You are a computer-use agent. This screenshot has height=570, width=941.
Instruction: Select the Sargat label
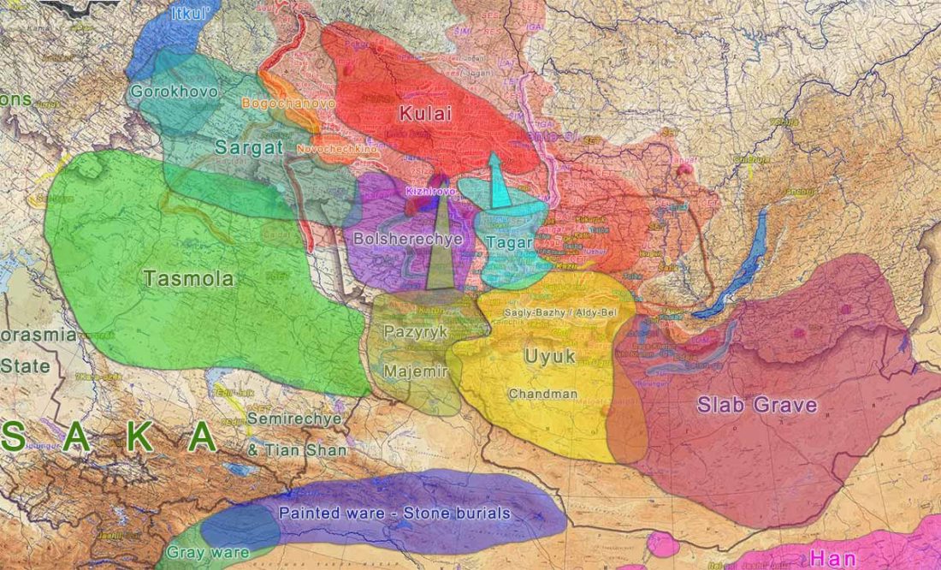pyautogui.click(x=249, y=146)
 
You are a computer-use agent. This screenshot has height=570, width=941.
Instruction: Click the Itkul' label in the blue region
pyautogui.click(x=191, y=15)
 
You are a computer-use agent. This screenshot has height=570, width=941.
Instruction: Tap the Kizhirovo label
pyautogui.click(x=430, y=193)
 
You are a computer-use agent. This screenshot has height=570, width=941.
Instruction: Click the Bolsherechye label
pyautogui.click(x=407, y=240)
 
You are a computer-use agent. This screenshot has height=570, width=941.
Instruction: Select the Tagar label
pyautogui.click(x=509, y=243)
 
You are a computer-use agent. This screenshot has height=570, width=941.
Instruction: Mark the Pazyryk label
pyautogui.click(x=416, y=333)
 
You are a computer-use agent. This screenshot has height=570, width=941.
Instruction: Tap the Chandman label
pyautogui.click(x=542, y=395)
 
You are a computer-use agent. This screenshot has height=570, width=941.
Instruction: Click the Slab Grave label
pyautogui.click(x=757, y=405)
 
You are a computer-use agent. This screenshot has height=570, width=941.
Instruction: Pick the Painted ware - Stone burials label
pyautogui.click(x=394, y=514)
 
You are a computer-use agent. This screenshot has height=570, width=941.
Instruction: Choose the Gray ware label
pyautogui.click(x=208, y=552)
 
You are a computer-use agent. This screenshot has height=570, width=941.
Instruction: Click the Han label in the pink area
pyautogui.click(x=832, y=558)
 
